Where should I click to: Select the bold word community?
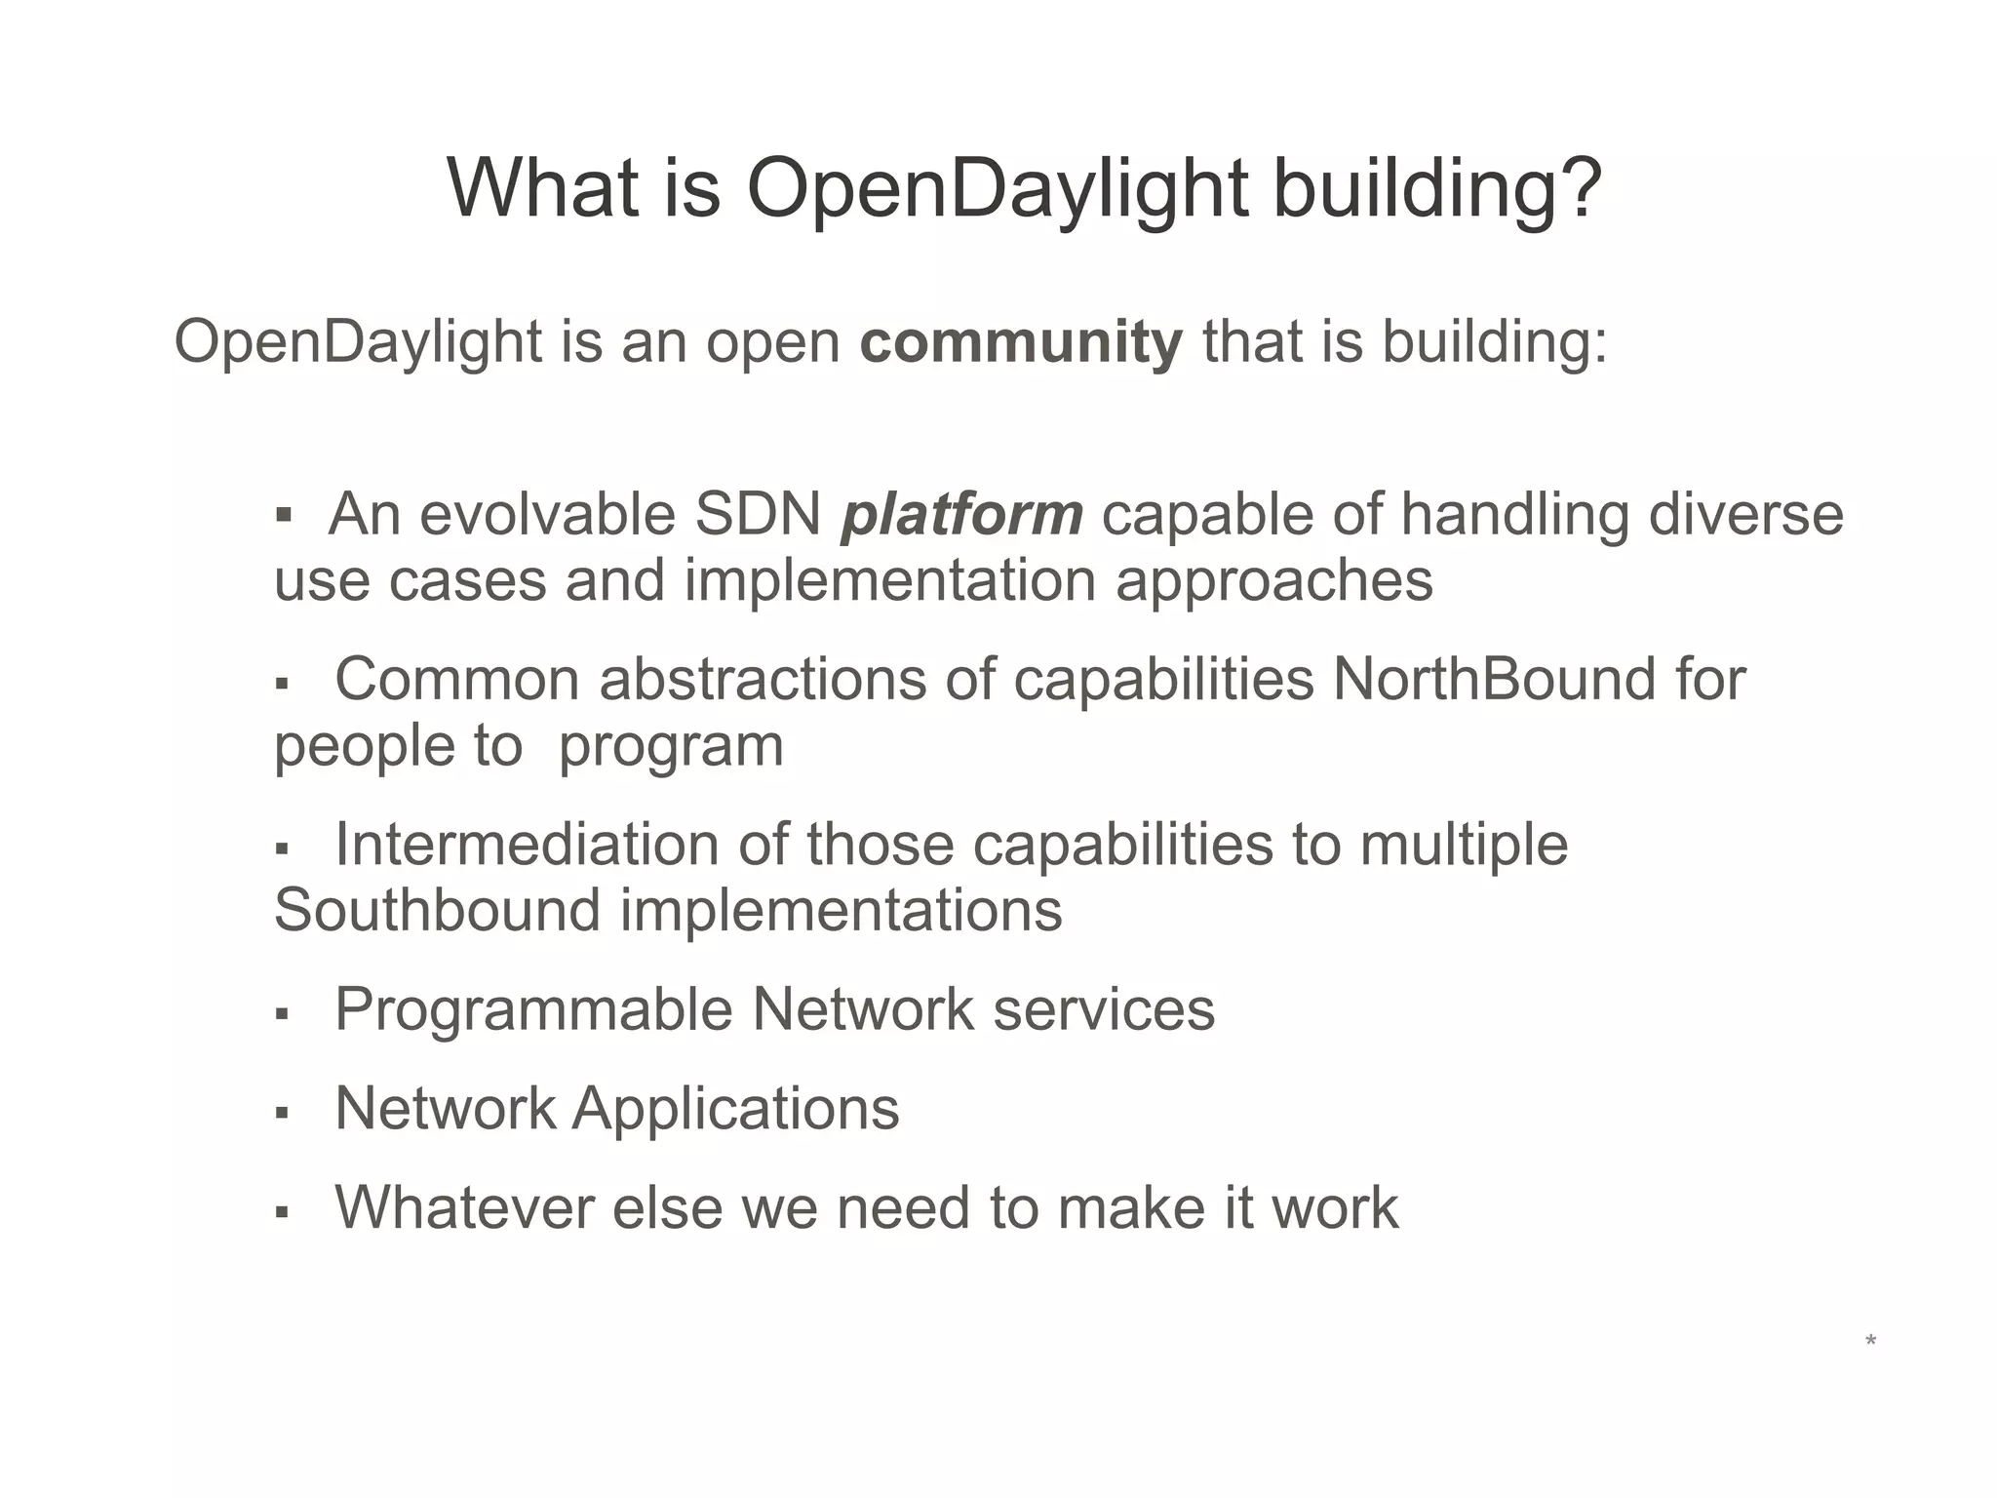pos(1021,342)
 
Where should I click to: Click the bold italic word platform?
pos(961,515)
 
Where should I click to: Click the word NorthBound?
pos(1493,679)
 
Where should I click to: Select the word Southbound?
pos(437,910)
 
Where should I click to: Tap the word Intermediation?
pos(527,844)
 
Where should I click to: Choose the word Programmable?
pos(533,1008)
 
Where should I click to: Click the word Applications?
pos(735,1109)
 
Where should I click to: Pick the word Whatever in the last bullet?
pos(464,1207)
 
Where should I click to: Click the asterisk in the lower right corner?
pos(1870,1342)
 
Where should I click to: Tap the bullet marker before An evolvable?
pos(284,516)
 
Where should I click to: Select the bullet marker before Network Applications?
pos(283,1112)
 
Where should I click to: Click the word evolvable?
pos(547,514)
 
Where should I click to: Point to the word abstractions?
pos(763,679)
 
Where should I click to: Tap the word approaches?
pos(1273,581)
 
